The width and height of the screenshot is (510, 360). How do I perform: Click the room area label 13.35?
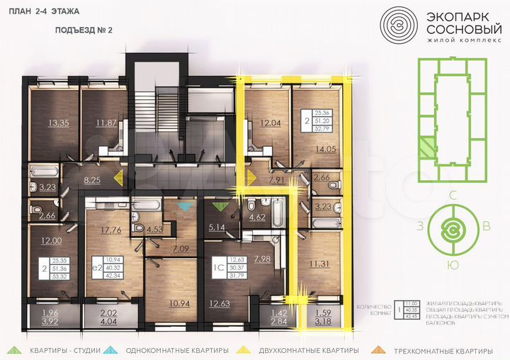coord(58,122)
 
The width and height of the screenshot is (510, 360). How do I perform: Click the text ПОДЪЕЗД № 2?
coord(84,30)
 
